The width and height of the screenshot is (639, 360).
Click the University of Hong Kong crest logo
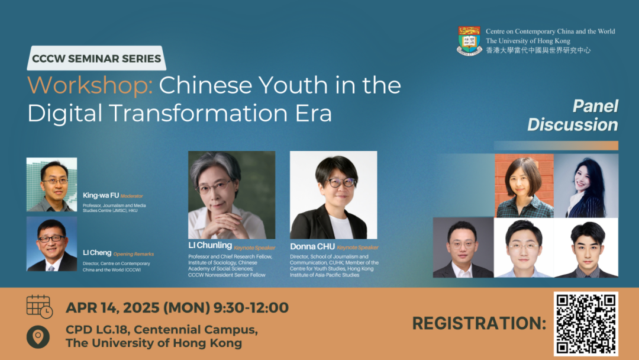point(469,40)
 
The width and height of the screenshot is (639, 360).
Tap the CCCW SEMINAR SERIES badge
point(96,58)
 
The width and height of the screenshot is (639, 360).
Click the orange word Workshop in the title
point(90,85)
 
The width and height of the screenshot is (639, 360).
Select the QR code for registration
point(586,323)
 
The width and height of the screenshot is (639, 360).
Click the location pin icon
point(38,337)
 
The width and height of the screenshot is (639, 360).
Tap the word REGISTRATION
point(479,323)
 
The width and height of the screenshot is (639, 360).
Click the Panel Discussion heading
point(573,115)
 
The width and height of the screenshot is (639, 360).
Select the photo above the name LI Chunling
point(231,195)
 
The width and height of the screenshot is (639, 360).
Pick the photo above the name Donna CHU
point(333,195)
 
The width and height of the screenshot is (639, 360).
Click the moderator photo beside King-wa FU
point(51,184)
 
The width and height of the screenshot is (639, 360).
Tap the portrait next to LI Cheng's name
point(51,244)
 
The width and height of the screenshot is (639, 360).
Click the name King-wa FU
point(101,195)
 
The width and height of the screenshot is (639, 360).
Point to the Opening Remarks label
point(133,254)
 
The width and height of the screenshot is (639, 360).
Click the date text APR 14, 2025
point(112,307)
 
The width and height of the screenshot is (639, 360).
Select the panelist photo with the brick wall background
point(524,186)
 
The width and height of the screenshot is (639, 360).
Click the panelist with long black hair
point(586,186)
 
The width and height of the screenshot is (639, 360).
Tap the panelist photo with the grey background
point(463,247)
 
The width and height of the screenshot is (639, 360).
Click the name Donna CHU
point(312,247)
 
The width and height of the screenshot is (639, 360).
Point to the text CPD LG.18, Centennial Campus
point(162,329)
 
